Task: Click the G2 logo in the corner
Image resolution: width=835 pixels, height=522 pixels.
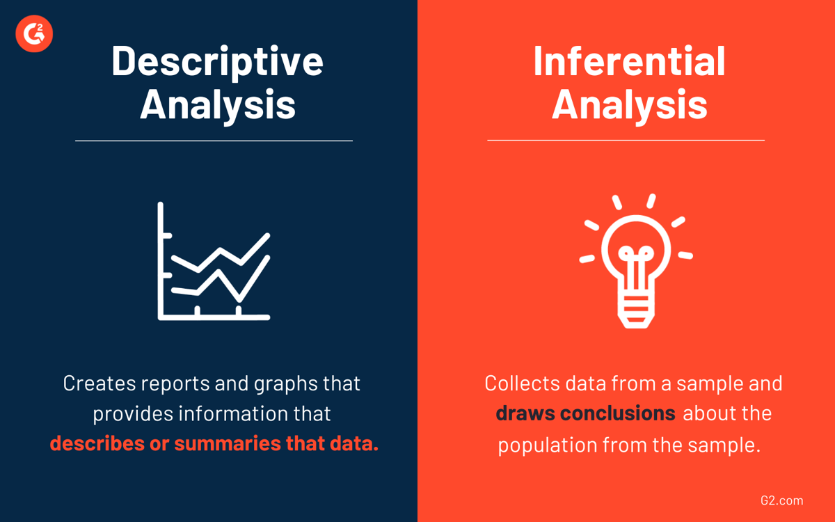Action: coord(34,33)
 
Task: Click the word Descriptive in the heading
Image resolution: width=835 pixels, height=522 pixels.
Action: coord(217,61)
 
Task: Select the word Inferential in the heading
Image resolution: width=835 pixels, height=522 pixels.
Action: coord(629,61)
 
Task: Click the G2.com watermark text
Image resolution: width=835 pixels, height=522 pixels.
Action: coord(782,500)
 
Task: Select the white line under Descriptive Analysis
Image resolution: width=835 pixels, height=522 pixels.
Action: coord(214,141)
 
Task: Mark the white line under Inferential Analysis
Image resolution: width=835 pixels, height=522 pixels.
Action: coord(626,140)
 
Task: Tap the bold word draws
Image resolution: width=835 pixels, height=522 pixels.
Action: coord(525,413)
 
